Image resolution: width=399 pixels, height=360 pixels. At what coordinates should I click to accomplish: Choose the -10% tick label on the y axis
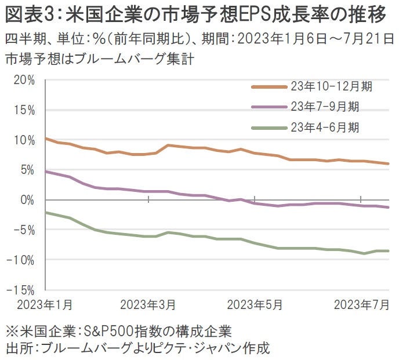point(22,260)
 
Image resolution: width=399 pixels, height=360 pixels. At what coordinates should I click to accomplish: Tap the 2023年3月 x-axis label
point(149,304)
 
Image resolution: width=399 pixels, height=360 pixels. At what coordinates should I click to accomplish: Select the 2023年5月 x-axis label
point(255,304)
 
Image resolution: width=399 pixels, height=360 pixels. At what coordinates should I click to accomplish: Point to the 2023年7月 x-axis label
point(361,304)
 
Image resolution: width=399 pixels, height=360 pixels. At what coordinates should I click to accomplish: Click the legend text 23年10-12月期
point(331,87)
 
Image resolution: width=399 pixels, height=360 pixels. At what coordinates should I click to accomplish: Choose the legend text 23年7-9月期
point(324,107)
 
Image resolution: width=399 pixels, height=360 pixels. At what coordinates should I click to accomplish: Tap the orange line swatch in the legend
point(269,87)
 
